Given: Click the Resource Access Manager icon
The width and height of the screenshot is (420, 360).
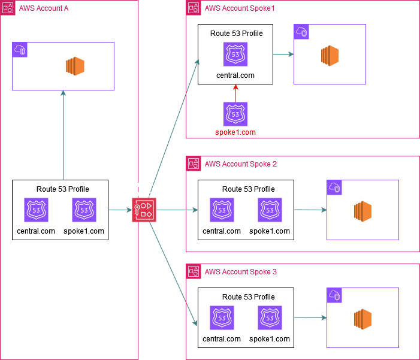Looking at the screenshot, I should click(x=144, y=210).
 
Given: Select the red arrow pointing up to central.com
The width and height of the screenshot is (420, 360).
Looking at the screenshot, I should click(x=235, y=93).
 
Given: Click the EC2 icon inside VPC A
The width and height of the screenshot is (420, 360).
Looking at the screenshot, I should click(x=75, y=66).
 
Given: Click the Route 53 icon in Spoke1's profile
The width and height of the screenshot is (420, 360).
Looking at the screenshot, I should click(x=235, y=55).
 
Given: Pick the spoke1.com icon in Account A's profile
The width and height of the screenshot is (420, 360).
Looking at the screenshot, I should click(x=84, y=210).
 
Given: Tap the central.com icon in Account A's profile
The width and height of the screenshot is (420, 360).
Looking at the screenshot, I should click(x=37, y=210).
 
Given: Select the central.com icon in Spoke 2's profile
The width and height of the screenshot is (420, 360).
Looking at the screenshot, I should click(x=222, y=210).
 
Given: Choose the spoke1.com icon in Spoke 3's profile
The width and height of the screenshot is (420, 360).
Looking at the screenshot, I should click(x=270, y=318).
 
